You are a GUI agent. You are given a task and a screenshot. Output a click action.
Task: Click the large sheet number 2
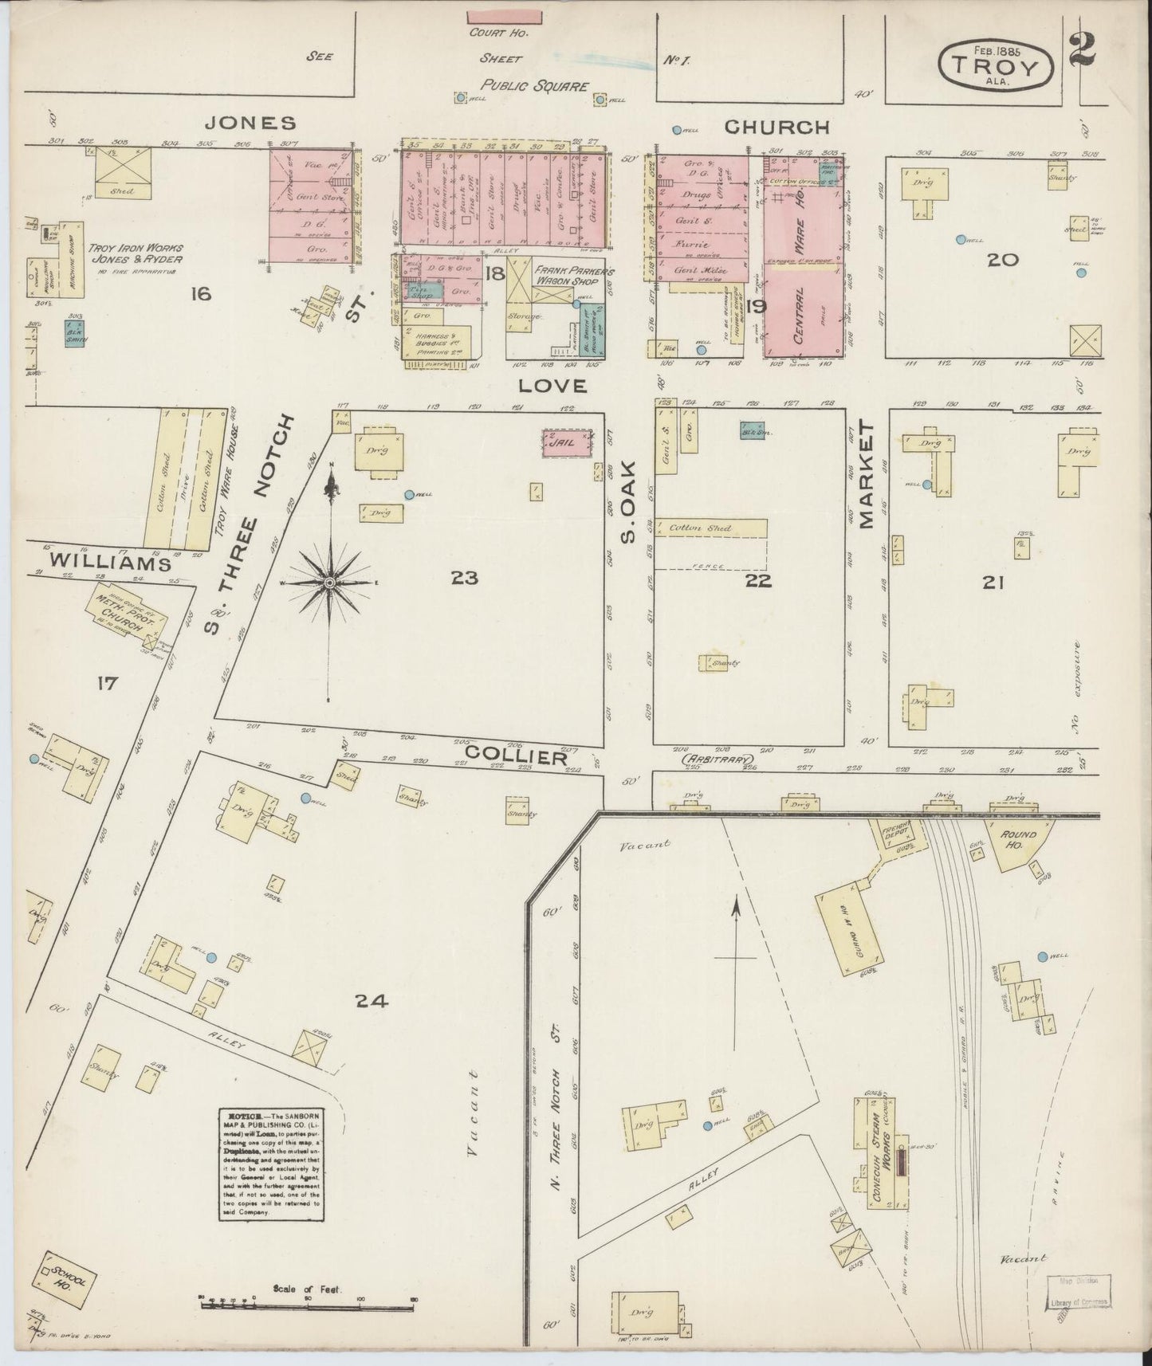click(x=1082, y=49)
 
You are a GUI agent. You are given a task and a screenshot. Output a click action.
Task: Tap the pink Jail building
click(x=568, y=443)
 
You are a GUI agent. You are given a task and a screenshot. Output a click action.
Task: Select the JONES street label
click(x=251, y=123)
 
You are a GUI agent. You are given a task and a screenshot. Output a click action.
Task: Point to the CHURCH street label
click(x=777, y=127)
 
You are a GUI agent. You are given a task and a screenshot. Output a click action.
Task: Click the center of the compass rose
click(x=329, y=584)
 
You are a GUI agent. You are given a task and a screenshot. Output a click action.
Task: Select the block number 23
click(x=465, y=577)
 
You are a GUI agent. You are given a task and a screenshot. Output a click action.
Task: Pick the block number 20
click(x=1001, y=259)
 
